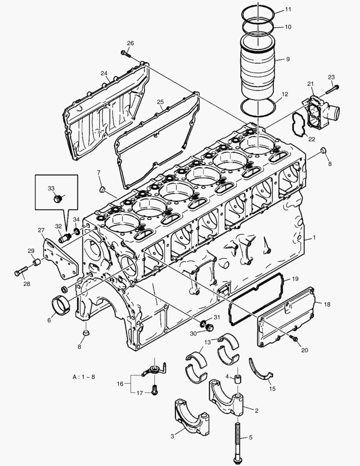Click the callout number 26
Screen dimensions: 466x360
point(130,43)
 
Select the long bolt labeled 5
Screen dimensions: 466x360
point(238,436)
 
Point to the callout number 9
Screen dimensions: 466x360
point(288,59)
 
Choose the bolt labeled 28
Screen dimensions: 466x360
point(20,271)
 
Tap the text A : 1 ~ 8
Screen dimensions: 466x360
point(84,376)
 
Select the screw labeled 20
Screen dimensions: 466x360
point(295,339)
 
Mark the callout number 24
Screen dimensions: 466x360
point(104,73)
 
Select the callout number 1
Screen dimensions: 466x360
point(314,237)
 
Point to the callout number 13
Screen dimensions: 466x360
point(207,342)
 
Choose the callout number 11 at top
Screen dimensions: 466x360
point(288,9)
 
